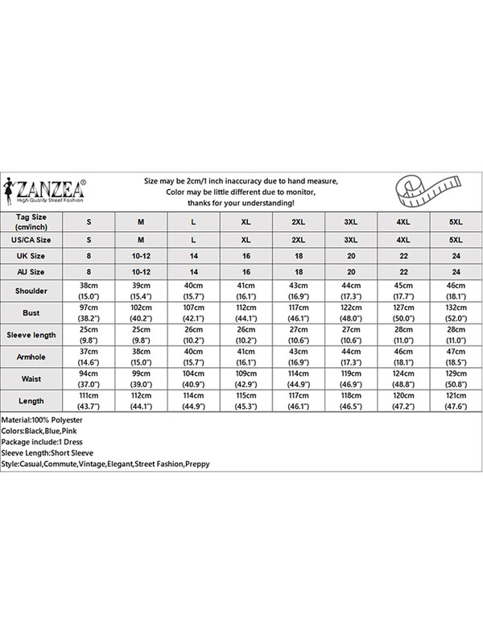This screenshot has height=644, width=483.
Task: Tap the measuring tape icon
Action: pyautogui.click(x=427, y=191)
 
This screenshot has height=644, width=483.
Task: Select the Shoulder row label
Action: pyautogui.click(x=32, y=290)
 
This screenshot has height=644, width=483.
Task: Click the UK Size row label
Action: pyautogui.click(x=32, y=257)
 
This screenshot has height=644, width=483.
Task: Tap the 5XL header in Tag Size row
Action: pyautogui.click(x=456, y=221)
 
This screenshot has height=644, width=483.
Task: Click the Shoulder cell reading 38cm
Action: pyautogui.click(x=89, y=290)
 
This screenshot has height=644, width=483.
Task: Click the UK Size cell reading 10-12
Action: pyautogui.click(x=141, y=257)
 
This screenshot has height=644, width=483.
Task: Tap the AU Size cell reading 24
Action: pyautogui.click(x=456, y=273)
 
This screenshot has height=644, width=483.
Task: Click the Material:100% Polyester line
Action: pyautogui.click(x=42, y=420)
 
